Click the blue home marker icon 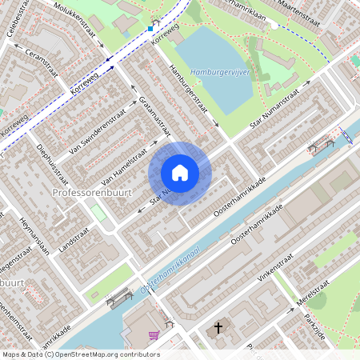click(x=180, y=173)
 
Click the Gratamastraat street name click(x=155, y=115)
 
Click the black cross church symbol click(x=218, y=328)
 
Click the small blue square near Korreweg click(x=150, y=28)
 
